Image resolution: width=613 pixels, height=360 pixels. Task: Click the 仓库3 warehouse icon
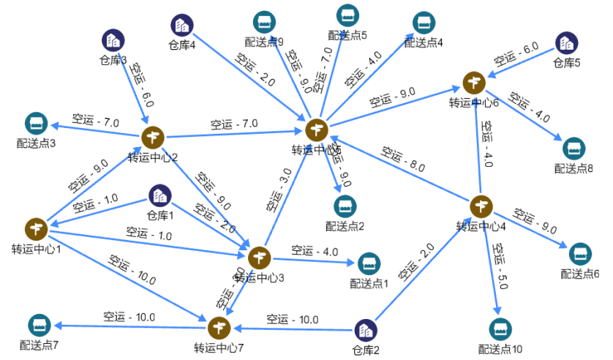112,40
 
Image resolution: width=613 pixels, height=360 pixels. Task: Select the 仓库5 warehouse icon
565,43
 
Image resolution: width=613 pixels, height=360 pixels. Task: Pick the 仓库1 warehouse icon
159,196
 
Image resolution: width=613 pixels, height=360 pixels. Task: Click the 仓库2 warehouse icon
365,331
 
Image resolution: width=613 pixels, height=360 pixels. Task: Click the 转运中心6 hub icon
474,83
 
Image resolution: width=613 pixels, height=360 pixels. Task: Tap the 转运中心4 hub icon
481,206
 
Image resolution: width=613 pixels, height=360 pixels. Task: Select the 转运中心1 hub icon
36,229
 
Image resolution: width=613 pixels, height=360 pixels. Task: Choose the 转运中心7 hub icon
219,327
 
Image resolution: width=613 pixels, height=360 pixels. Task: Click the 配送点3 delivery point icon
35,124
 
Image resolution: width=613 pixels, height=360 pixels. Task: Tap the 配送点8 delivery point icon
573,149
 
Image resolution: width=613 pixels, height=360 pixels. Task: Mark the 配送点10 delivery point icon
500,330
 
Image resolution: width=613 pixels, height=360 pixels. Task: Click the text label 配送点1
369,283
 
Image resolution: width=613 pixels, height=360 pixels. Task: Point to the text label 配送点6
580,274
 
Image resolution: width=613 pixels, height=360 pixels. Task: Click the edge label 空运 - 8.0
403,159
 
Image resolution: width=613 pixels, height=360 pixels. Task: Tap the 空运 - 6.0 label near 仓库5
516,54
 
